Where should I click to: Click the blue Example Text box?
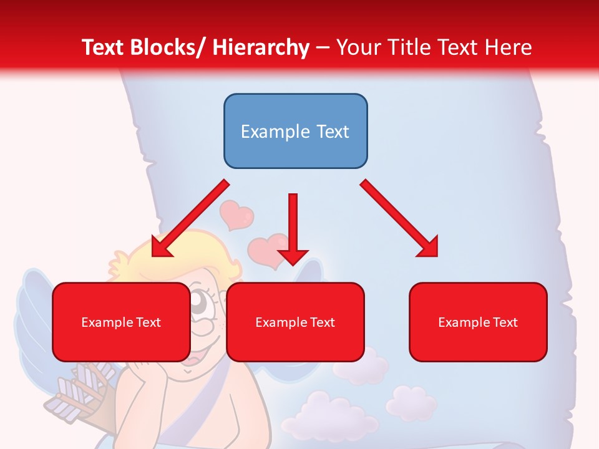pos(295,131)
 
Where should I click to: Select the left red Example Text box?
pos(121,322)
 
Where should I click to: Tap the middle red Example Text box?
pos(295,322)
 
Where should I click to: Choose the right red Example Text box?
pos(478,322)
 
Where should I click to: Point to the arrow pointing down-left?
pos(190,218)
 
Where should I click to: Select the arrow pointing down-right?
pos(399,218)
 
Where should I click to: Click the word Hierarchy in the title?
pos(260,47)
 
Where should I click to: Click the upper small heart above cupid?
pos(236,215)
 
